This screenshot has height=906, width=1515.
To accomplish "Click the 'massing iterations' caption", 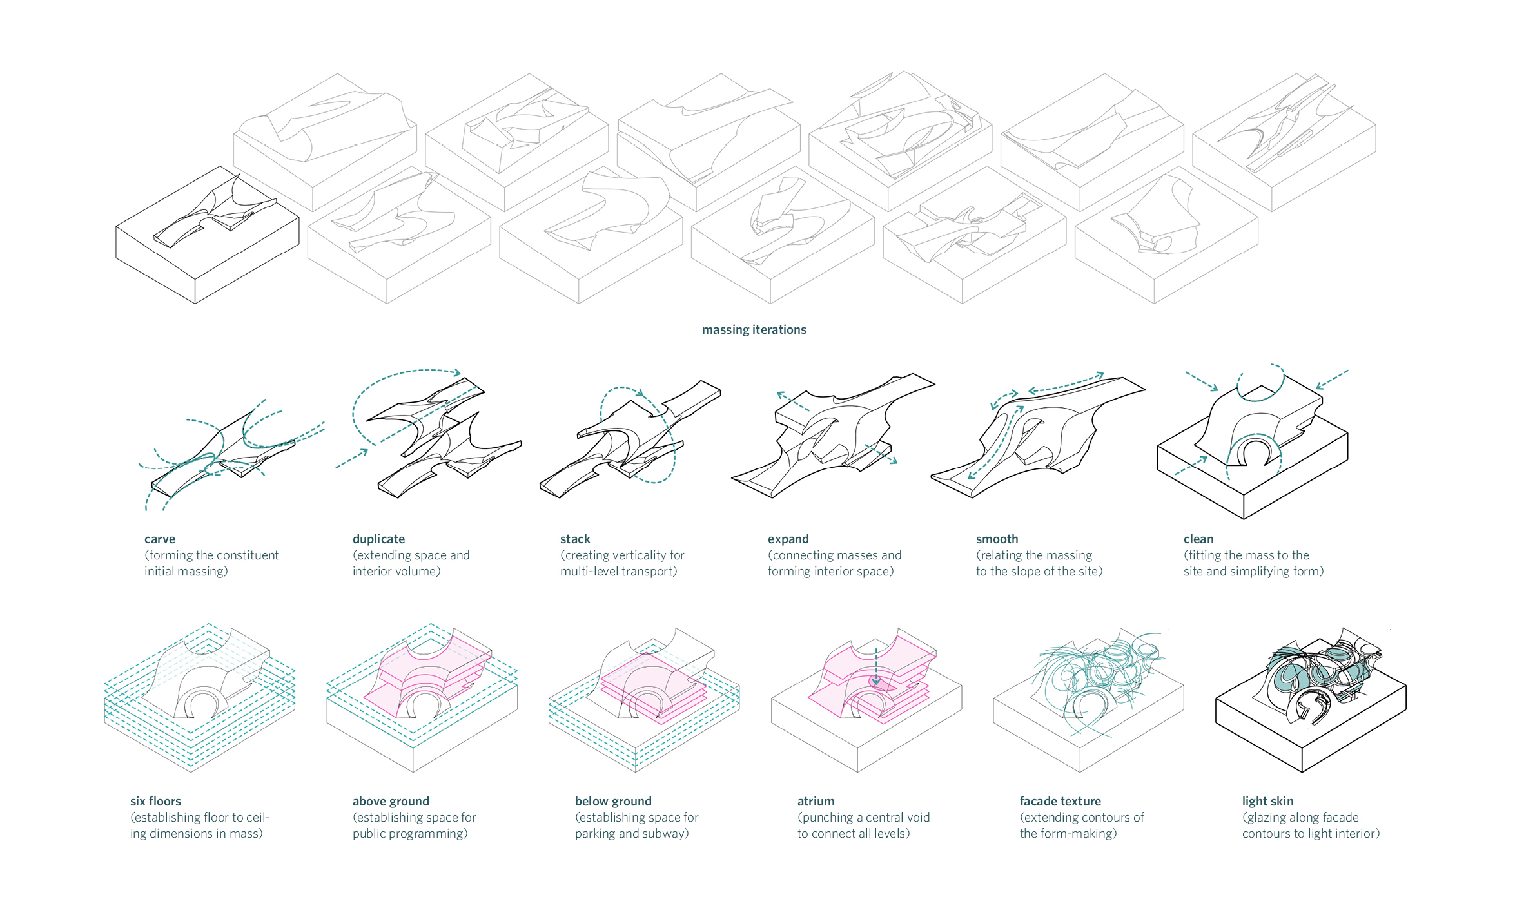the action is coord(754,330).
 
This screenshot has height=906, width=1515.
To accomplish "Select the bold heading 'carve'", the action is coord(160,539).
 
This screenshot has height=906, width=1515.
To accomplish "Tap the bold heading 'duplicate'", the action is coord(378,539).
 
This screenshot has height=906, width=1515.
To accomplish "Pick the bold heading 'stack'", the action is coord(575,539).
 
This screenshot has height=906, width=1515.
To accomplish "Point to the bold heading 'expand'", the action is coord(788,539).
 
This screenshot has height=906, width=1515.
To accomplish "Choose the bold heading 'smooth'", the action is coord(997,539).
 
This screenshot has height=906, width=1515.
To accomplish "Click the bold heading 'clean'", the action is coord(1198,539).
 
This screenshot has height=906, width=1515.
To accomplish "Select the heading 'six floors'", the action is coord(155,802).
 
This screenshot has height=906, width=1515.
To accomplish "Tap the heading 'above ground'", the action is coord(391,802).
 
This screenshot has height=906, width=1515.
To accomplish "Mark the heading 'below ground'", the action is coord(613,802).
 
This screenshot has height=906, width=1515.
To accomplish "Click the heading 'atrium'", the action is coord(816,802).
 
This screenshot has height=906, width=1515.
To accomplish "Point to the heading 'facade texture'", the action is coord(1060,802).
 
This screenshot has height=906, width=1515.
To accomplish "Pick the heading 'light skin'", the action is coord(1267,802).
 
